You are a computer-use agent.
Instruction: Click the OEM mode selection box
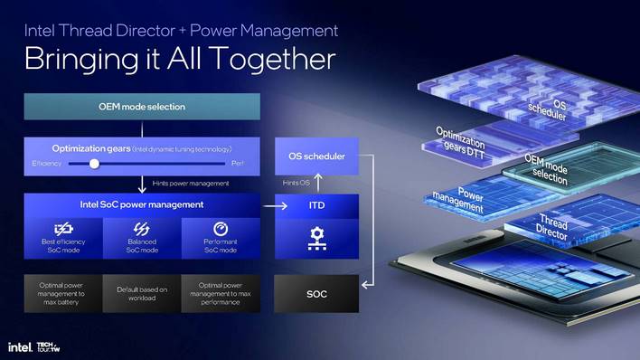(x=142, y=107)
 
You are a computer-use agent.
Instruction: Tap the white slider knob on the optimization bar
(x=94, y=164)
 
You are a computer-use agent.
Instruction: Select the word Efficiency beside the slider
(x=47, y=164)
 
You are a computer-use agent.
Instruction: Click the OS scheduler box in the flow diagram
(x=315, y=156)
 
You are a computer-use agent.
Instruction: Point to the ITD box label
(x=316, y=205)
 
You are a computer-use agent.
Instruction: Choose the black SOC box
(x=316, y=295)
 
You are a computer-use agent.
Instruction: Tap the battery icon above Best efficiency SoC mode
(x=62, y=230)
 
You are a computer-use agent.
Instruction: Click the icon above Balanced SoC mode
(x=142, y=230)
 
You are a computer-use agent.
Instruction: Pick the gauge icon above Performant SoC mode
(x=221, y=230)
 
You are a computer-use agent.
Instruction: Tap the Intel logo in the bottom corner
(x=20, y=347)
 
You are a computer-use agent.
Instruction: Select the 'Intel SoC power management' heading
(x=142, y=204)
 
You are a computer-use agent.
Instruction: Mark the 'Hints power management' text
(x=192, y=184)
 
